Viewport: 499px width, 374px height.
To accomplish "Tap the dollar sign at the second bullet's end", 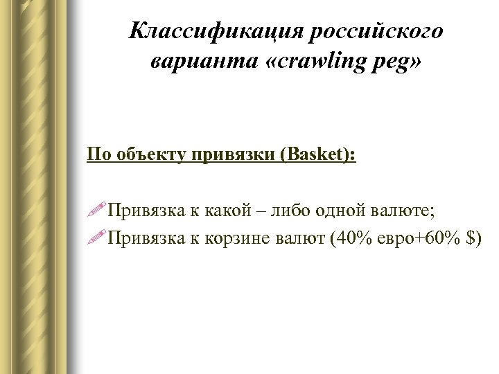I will click(473, 238).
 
